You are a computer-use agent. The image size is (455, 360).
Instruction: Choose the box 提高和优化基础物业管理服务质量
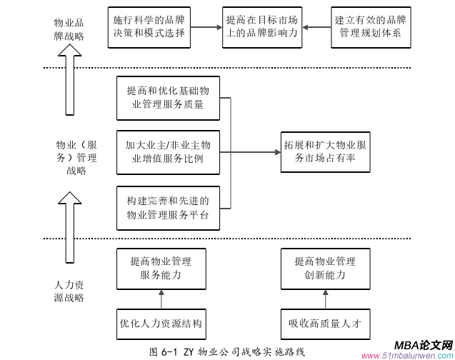(x=168, y=98)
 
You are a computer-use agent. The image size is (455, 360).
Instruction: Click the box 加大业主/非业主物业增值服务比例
(x=168, y=151)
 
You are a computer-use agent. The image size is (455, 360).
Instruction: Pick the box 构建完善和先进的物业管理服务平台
(x=168, y=205)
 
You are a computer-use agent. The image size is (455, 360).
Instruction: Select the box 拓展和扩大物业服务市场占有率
(x=325, y=151)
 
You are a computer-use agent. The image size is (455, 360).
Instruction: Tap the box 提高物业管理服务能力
(x=161, y=268)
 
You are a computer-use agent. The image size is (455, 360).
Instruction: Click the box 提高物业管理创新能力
(x=325, y=268)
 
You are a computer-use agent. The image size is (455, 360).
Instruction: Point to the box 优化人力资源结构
(x=161, y=323)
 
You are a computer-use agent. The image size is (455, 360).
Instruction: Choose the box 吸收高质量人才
(x=325, y=323)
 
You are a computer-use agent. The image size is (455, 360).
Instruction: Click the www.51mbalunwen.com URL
(x=406, y=355)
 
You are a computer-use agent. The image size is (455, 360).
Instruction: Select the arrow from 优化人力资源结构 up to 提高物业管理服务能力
(x=161, y=298)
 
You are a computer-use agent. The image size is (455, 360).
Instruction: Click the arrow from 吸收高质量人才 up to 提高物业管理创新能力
(x=325, y=298)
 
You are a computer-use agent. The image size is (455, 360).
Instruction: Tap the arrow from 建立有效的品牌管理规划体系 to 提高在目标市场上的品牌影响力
(x=316, y=26)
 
